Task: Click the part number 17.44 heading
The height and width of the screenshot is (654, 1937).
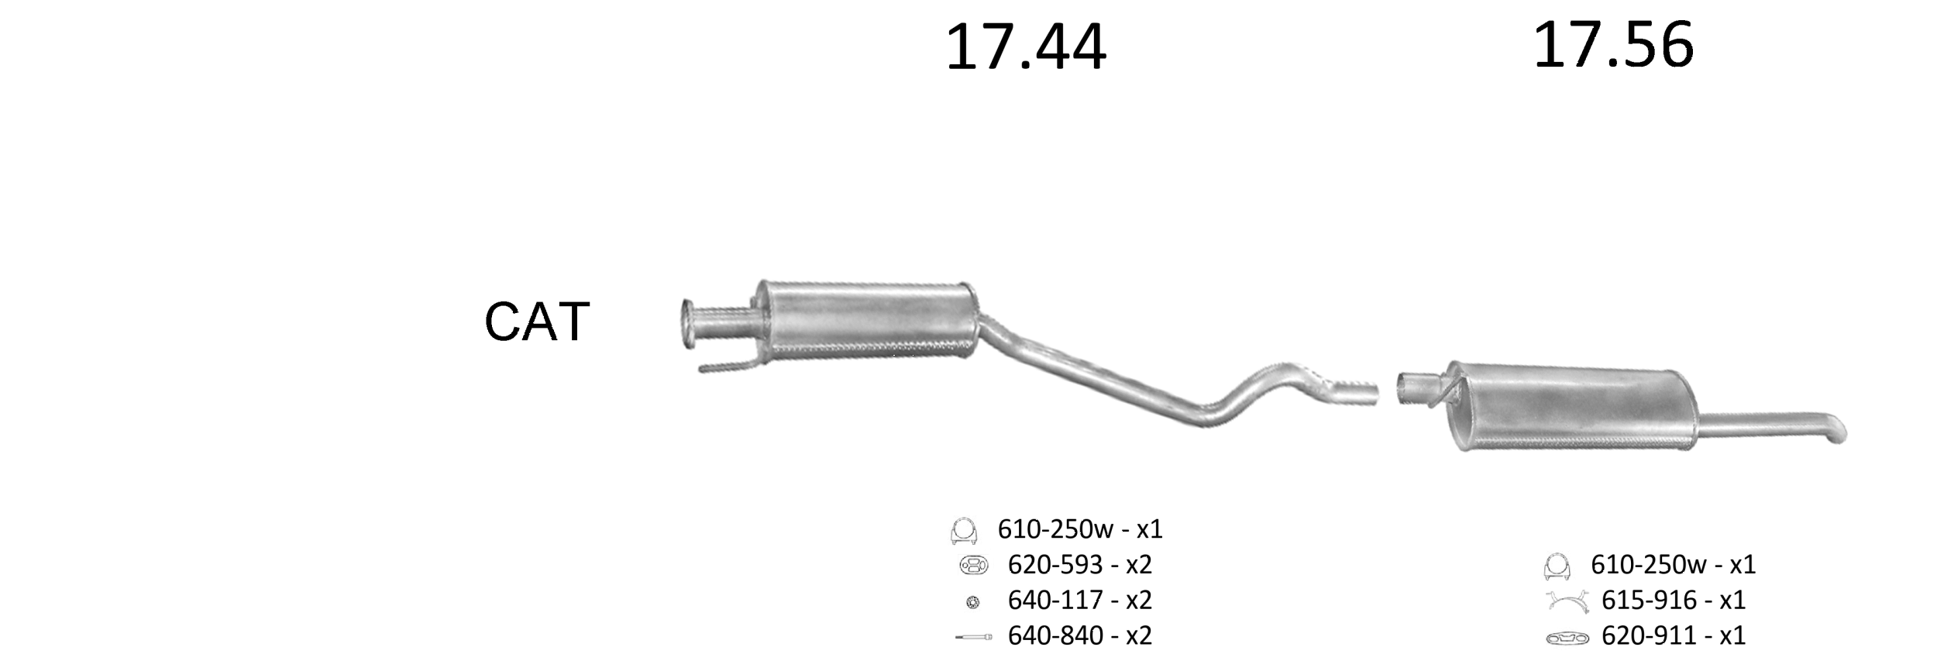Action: coord(1026,48)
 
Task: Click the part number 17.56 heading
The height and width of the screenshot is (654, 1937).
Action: coord(1613,45)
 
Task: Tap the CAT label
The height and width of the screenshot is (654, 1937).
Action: coord(537,322)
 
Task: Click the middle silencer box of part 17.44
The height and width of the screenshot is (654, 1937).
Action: coord(865,320)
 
